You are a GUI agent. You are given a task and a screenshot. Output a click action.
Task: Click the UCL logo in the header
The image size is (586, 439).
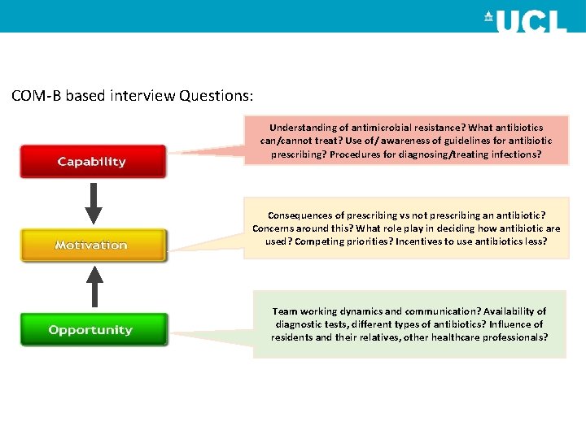coord(525,20)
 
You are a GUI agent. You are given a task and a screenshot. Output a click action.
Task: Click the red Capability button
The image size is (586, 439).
coord(92,162)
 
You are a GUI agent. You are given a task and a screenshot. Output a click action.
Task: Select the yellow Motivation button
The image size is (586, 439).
coord(92,245)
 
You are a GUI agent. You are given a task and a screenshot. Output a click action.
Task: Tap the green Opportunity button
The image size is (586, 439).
coord(91,330)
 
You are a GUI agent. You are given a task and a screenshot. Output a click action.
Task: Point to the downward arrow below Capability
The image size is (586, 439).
coord(94,203)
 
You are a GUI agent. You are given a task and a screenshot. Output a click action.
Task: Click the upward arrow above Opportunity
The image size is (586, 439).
coord(94,288)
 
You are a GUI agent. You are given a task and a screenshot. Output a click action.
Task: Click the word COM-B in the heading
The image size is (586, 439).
coord(37,96)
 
